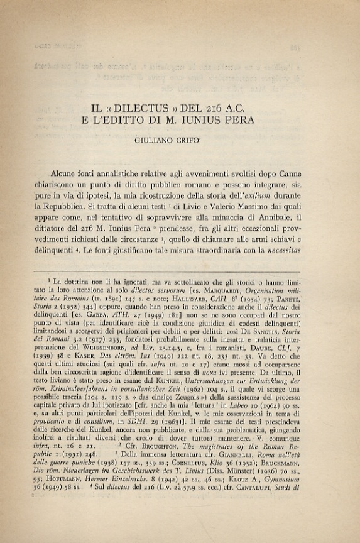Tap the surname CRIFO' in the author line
(x=212, y=142)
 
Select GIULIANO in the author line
(x=170, y=142)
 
